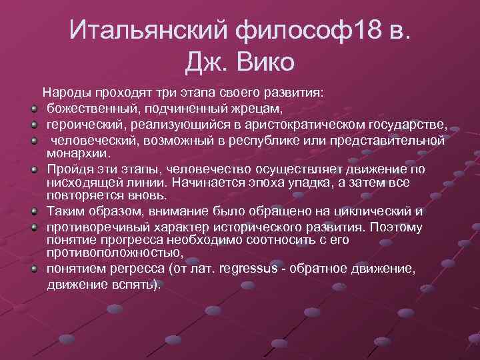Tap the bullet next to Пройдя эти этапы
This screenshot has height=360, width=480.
click(33, 169)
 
